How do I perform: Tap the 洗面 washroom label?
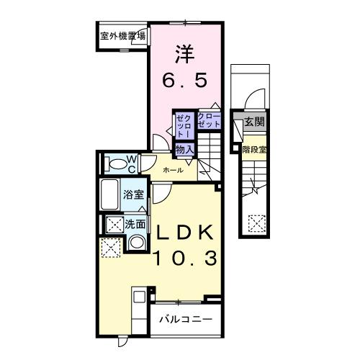(x=135, y=224)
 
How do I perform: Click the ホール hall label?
(x=172, y=171)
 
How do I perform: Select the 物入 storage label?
(x=184, y=148)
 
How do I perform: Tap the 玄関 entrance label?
(x=253, y=122)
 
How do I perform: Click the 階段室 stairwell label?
(x=253, y=151)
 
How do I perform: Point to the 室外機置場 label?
(x=122, y=35)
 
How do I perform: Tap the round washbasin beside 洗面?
(x=135, y=242)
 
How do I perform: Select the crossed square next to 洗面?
(x=113, y=224)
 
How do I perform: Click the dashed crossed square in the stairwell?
(x=256, y=222)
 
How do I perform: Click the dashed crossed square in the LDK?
(x=110, y=248)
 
